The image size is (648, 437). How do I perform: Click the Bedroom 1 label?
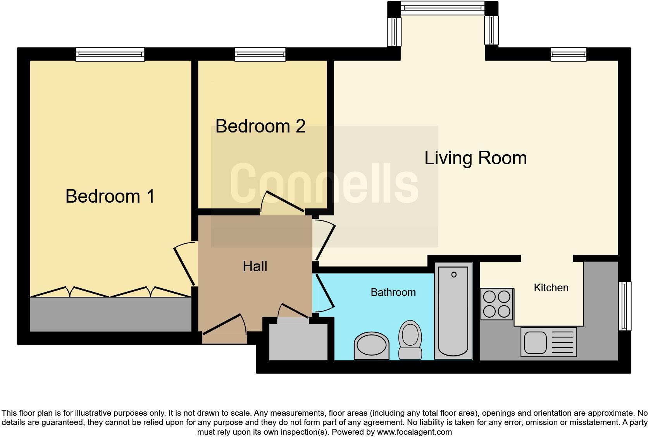[110, 196]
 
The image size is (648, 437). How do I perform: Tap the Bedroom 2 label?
[260, 126]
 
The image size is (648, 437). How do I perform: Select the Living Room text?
[476, 158]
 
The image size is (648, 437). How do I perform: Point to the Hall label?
[255, 266]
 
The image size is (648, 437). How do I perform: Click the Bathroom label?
[393, 292]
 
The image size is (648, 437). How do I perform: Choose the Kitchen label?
[551, 287]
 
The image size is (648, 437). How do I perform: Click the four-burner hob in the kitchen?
[497, 304]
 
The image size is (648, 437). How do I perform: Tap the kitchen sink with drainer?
[548, 342]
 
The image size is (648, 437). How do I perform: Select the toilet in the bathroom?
[410, 339]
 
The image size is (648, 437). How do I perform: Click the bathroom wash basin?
[371, 345]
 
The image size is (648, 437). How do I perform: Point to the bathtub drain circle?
[454, 275]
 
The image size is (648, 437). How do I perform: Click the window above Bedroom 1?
[110, 54]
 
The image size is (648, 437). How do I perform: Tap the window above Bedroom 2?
[260, 54]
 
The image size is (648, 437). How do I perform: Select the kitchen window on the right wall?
[624, 306]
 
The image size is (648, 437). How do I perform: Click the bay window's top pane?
[442, 7]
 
